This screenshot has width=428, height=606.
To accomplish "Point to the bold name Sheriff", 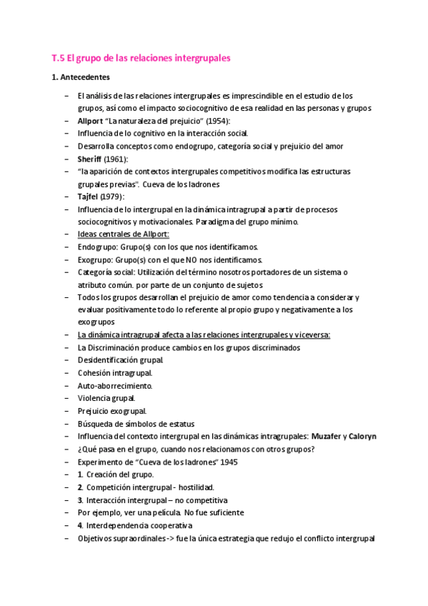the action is pos(91,159).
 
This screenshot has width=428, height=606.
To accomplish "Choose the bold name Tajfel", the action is pos(88,197).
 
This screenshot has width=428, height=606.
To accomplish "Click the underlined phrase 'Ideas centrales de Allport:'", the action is pos(123,234).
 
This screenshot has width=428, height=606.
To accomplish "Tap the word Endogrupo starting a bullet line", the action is pos(98,247).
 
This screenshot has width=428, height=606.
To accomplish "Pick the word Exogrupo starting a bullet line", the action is pos(96,259).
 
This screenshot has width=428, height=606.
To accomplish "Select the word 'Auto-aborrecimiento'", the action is pos(114,385).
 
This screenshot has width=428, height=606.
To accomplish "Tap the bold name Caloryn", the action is pos(363,436).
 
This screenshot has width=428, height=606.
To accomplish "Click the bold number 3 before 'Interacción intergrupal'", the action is pos(80,499).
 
